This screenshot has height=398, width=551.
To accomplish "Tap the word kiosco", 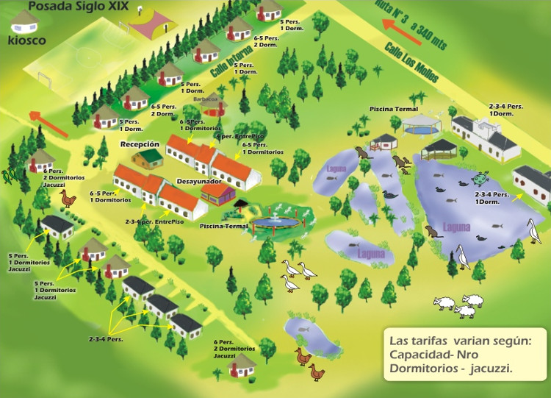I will (x=25, y=40).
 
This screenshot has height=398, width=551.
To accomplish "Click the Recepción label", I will (x=140, y=145).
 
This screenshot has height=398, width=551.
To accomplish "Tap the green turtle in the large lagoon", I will (x=480, y=178).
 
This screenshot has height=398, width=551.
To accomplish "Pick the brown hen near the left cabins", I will (x=68, y=198).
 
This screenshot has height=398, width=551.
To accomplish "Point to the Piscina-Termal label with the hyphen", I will (x=224, y=226).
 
